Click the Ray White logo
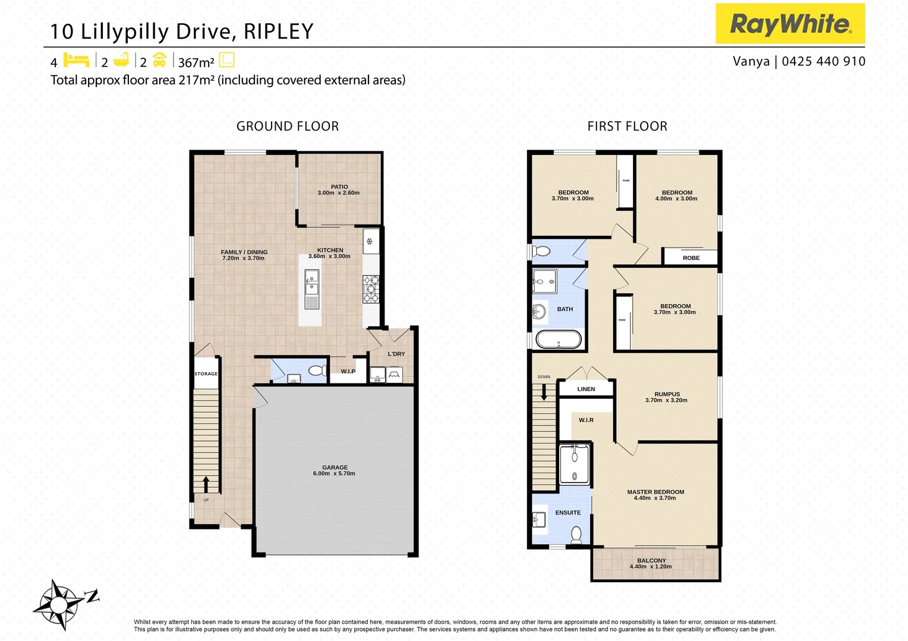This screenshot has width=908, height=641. point(790,24)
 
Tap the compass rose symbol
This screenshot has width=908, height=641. point(59,604)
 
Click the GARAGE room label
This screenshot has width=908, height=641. point(335,468)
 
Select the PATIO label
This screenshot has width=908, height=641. point(339,187)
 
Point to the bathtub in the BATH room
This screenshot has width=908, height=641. point(559,339)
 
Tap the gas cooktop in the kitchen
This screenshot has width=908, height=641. point(371,289)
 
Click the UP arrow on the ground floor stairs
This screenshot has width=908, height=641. point(206,484)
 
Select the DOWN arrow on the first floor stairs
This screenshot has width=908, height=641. point(543,392)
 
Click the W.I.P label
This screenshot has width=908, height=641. point(348,372)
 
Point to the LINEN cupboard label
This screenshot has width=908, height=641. point(586,389)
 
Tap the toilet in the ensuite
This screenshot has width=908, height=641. point(576,535)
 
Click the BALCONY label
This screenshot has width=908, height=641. point(651,560)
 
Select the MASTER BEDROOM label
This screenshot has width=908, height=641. point(655,492)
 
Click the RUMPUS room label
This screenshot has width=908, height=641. point(667,394)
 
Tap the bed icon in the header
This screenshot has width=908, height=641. point(76,60)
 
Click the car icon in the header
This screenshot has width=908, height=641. point(159,60)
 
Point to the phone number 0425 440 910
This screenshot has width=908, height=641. point(824,61)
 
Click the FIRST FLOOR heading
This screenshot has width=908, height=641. point(627,126)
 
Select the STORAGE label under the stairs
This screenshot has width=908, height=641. point(206,374)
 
